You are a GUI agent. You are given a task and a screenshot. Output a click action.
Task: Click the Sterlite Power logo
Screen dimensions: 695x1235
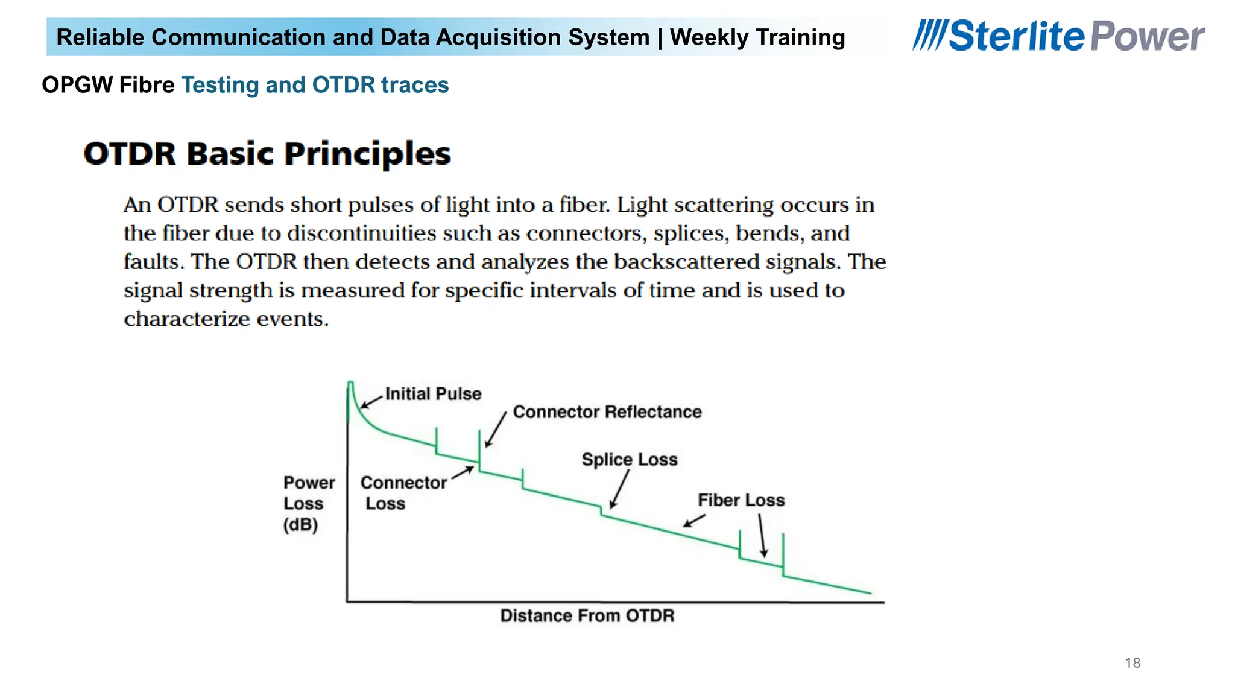click(x=1058, y=36)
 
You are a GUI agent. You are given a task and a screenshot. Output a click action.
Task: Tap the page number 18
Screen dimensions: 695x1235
click(x=1132, y=663)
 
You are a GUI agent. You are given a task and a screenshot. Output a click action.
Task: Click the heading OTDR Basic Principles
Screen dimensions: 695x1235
click(x=267, y=154)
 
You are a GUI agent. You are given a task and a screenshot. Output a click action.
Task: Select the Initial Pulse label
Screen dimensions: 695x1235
click(x=433, y=394)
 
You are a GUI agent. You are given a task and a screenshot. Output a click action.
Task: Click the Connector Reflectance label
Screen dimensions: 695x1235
click(x=607, y=412)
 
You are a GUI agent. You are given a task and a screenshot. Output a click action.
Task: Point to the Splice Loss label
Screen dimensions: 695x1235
click(x=629, y=460)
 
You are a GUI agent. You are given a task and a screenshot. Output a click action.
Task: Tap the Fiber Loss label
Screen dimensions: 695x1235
click(x=741, y=500)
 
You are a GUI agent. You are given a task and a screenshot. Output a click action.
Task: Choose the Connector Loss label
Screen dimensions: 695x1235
click(x=403, y=493)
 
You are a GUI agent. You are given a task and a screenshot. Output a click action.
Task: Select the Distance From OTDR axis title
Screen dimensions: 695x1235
click(x=587, y=615)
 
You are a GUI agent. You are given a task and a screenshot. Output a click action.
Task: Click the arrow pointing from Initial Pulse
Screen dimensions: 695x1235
click(x=372, y=401)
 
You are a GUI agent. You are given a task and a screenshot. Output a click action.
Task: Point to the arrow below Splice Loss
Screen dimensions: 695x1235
click(x=619, y=489)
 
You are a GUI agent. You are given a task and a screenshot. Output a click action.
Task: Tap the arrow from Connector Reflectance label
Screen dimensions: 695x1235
click(x=496, y=430)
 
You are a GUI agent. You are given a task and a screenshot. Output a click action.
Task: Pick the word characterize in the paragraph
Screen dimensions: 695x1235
click(x=186, y=319)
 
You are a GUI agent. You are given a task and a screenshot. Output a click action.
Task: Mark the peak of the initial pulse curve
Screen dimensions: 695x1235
click(x=350, y=382)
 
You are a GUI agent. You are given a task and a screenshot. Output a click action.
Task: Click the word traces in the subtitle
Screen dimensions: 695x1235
click(x=415, y=85)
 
